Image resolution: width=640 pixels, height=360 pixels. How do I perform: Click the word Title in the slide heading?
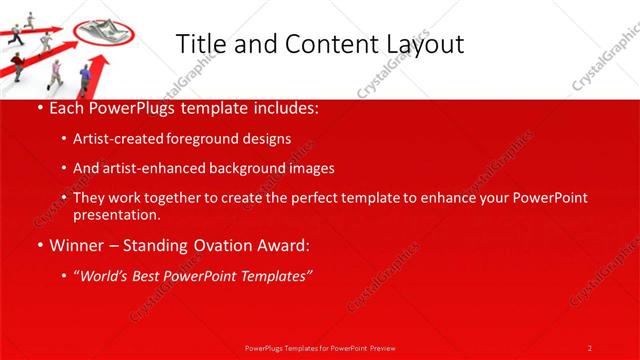coord(196,43)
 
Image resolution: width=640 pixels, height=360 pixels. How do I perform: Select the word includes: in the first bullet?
coord(282,106)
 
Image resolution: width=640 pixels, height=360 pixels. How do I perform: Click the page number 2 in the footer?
coord(590,347)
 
